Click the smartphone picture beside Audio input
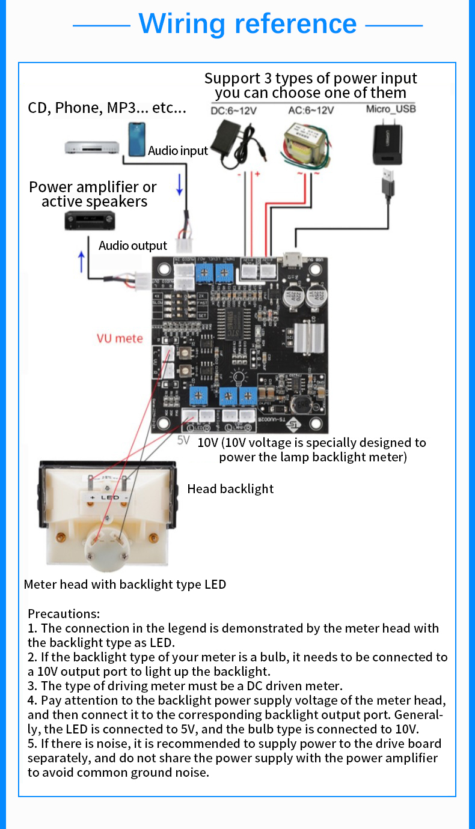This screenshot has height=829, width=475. (x=136, y=139)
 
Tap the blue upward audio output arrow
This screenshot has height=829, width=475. (x=82, y=262)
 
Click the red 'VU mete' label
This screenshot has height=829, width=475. (x=120, y=338)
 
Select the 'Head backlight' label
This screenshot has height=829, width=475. (x=230, y=489)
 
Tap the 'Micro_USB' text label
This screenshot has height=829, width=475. (x=391, y=109)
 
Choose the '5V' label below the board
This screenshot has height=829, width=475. (x=184, y=440)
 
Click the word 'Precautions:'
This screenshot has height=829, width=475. (x=64, y=614)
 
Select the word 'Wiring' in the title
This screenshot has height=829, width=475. (x=182, y=23)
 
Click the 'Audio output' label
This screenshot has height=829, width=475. (x=133, y=245)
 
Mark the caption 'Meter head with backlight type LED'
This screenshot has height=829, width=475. (x=125, y=584)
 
